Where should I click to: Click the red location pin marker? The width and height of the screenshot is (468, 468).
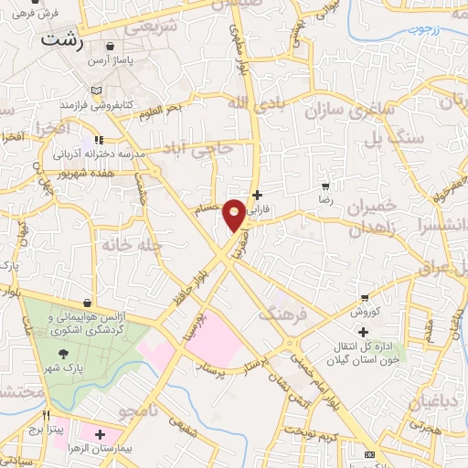click(235, 215)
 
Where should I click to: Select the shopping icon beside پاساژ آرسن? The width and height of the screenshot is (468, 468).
click(111, 46)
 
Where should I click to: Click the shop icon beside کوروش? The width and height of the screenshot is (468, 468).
click(365, 298)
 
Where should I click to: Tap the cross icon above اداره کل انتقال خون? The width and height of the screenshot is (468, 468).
click(364, 331)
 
